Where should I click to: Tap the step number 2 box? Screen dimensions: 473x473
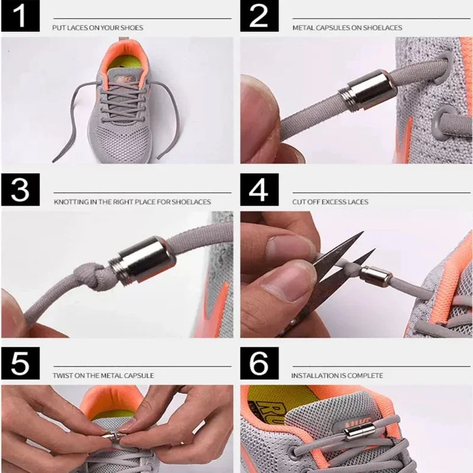(x=259, y=17)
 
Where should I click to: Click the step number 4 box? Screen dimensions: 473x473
(x=259, y=190)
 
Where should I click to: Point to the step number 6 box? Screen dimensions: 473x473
(x=259, y=364)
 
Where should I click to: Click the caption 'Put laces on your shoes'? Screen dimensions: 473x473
(x=98, y=28)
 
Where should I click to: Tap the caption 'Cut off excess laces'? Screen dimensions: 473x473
(x=330, y=202)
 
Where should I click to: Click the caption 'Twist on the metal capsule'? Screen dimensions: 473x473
(x=103, y=375)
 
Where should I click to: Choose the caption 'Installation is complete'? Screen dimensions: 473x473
(x=337, y=375)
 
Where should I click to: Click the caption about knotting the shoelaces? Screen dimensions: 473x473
(x=132, y=202)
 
